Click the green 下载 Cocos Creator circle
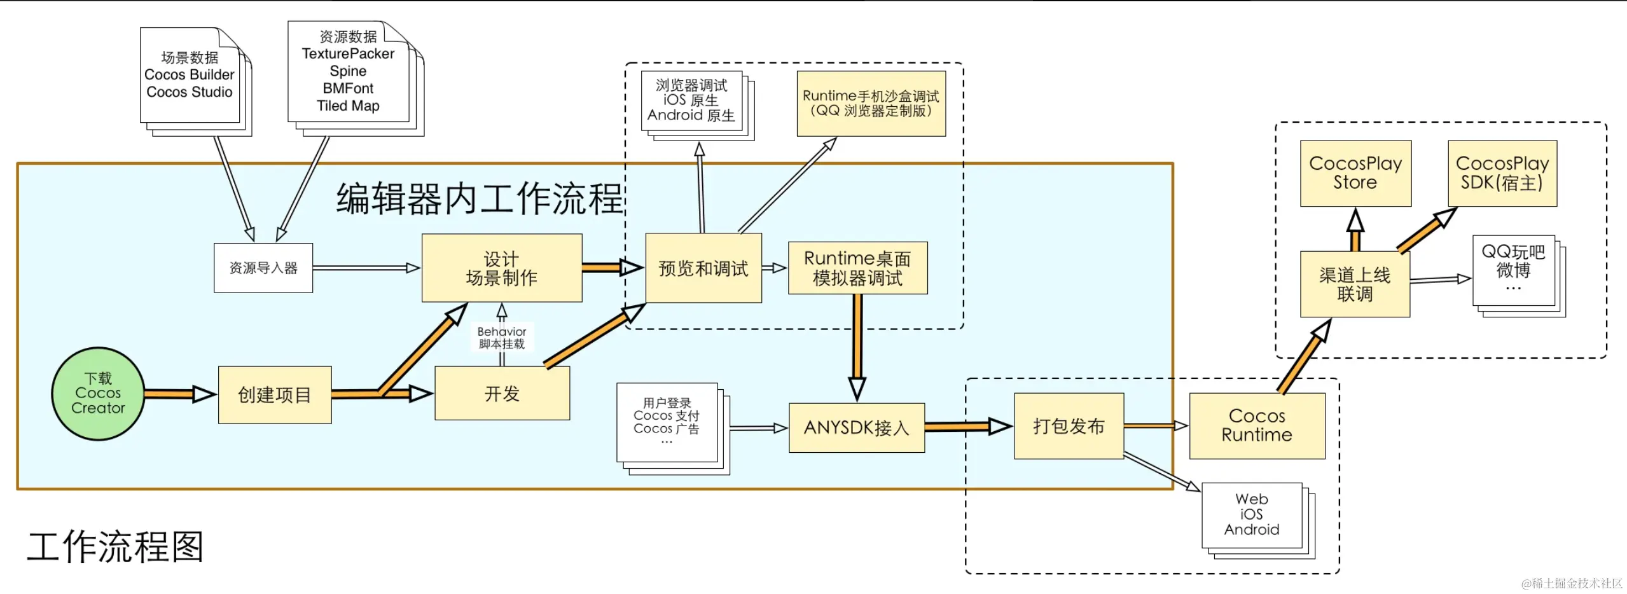click(x=97, y=394)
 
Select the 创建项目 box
click(x=274, y=395)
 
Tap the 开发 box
click(x=502, y=394)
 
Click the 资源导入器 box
click(x=263, y=268)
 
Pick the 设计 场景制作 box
click(x=501, y=268)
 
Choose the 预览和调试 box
click(x=703, y=268)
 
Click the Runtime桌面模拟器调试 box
click(x=857, y=268)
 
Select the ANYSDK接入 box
click(x=856, y=427)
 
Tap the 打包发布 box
click(x=1068, y=425)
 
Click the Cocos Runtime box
click(x=1256, y=425)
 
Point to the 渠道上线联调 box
click(x=1354, y=284)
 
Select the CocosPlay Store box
click(x=1355, y=173)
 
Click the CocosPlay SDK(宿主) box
click(x=1502, y=173)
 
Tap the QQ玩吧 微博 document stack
click(x=1513, y=270)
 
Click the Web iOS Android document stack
click(x=1251, y=515)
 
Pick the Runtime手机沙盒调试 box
click(x=870, y=103)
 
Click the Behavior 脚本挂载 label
click(x=501, y=337)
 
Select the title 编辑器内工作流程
click(x=479, y=198)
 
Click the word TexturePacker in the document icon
click(x=347, y=53)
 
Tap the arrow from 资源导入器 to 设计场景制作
click(x=366, y=268)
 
